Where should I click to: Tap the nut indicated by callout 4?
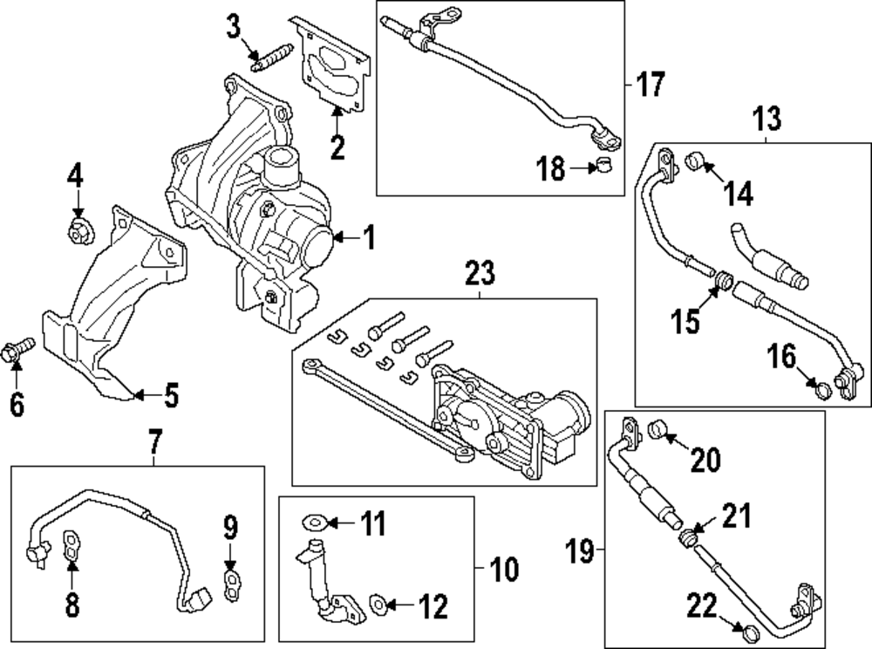tap(78, 231)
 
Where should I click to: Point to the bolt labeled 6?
tap(19, 350)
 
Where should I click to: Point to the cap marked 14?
tap(695, 161)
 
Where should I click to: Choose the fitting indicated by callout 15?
tap(722, 281)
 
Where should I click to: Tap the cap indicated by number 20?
tap(659, 428)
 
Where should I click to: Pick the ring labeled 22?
tap(745, 631)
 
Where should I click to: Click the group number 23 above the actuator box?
tap(479, 274)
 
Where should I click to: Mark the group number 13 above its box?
tap(766, 119)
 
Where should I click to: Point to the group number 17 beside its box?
tap(650, 85)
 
